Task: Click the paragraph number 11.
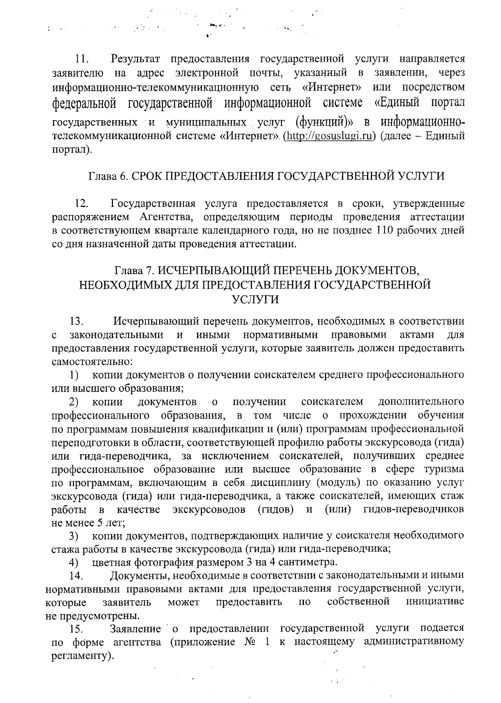click(x=81, y=59)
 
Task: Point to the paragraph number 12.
click(x=81, y=204)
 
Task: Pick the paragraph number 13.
click(x=77, y=321)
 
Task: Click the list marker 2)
click(x=74, y=402)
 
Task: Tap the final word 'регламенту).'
click(x=82, y=656)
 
